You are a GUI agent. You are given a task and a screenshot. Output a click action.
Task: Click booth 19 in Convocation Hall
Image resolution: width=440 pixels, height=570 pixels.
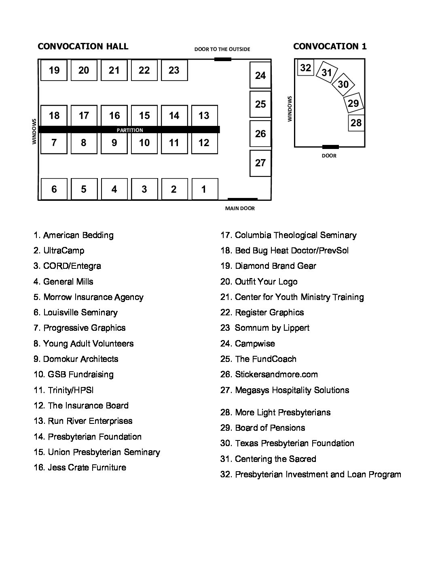54,70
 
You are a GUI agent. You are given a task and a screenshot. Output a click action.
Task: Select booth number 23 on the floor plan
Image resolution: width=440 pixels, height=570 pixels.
174,70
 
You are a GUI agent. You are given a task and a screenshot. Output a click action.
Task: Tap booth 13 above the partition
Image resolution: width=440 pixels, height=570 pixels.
204,116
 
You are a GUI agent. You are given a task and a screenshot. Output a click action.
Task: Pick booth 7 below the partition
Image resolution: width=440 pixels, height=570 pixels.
54,143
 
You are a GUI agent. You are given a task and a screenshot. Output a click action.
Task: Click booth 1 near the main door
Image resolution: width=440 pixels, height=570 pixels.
204,189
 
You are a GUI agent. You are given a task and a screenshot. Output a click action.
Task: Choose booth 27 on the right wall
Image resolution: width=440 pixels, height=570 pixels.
260,163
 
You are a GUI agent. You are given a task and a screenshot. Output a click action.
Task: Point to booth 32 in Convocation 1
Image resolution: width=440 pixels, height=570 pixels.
306,68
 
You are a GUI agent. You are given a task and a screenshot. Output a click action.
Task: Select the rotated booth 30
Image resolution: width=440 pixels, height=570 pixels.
343,84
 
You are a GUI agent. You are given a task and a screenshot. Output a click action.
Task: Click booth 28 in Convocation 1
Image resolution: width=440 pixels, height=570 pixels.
356,123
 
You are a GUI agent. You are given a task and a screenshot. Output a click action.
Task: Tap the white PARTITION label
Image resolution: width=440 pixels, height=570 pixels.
130,130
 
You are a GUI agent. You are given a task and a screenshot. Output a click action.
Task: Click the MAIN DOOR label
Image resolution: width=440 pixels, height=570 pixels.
240,208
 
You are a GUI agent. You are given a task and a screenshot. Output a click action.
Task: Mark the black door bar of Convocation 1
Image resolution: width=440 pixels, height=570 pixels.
330,147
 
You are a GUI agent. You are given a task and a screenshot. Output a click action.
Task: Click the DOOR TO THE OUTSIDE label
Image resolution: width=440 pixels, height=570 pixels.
222,49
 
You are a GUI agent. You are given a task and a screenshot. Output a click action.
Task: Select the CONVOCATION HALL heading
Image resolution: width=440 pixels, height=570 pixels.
83,46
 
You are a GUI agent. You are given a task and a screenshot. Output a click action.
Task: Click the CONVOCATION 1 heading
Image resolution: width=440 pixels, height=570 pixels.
330,46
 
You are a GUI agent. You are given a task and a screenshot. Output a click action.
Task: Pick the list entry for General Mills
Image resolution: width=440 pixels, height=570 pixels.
63,282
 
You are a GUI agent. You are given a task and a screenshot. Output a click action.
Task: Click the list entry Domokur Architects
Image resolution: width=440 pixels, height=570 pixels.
76,359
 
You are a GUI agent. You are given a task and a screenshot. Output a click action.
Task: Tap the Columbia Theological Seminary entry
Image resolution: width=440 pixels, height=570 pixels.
288,235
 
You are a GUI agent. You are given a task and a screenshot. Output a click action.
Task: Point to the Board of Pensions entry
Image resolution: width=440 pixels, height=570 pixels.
263,428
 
